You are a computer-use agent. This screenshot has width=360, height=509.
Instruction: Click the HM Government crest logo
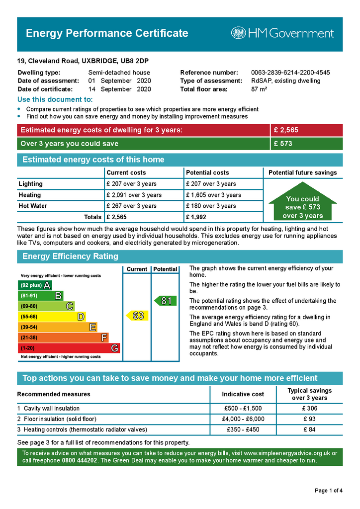(x=238, y=33)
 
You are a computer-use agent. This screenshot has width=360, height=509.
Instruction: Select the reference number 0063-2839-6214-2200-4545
(x=290, y=73)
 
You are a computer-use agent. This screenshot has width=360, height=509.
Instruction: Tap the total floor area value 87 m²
(x=259, y=89)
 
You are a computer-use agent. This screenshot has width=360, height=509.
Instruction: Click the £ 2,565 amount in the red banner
(x=286, y=130)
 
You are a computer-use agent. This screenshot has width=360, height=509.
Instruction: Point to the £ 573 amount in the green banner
(x=283, y=144)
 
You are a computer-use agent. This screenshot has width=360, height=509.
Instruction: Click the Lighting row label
(x=31, y=184)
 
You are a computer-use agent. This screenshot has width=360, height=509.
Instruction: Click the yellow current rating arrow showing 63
(x=137, y=316)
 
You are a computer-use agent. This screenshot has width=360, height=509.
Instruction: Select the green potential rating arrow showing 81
(x=165, y=301)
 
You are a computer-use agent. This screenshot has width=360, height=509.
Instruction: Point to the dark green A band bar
(x=34, y=285)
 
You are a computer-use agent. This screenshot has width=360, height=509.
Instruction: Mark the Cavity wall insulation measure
(x=51, y=408)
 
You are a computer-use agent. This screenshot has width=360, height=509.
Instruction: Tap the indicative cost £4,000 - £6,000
(x=243, y=419)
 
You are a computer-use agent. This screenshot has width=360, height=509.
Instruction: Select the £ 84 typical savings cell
(x=309, y=429)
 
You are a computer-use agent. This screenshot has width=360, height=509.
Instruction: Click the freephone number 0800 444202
(x=80, y=460)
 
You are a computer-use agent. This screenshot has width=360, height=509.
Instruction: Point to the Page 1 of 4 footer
(x=329, y=491)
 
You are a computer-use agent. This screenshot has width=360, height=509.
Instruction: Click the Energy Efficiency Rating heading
(x=70, y=256)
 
